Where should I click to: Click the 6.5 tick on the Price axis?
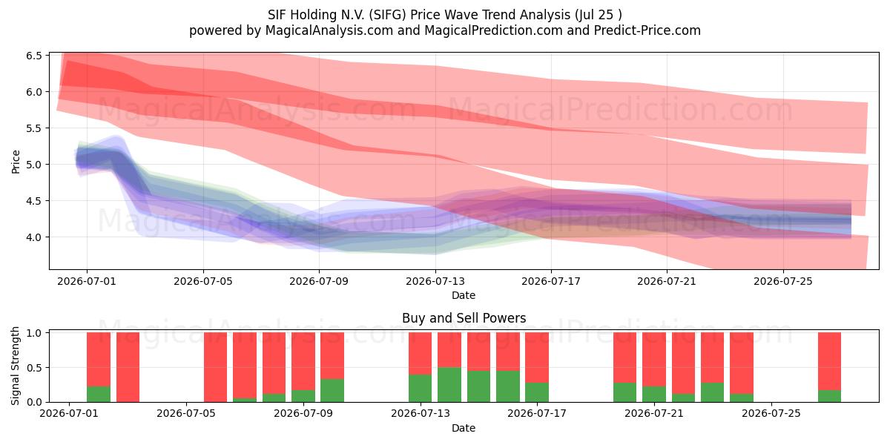[x=34, y=56]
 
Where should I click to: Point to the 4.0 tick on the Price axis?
[x=34, y=237]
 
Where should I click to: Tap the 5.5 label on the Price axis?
[x=34, y=128]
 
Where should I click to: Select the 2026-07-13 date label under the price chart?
[x=435, y=281]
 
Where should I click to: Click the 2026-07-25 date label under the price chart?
[x=783, y=281]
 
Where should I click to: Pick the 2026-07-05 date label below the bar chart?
[x=186, y=413]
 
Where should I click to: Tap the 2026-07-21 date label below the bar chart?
[x=654, y=413]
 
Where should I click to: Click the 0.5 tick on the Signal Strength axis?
[x=34, y=368]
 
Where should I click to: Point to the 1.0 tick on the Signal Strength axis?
[x=34, y=333]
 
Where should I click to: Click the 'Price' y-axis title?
[x=16, y=162]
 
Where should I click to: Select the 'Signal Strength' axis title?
[x=15, y=366]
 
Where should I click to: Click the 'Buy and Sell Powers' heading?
[x=464, y=318]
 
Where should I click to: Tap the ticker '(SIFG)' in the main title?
[x=387, y=15]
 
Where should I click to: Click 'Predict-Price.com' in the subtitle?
[x=647, y=30]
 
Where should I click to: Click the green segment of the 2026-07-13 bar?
[x=420, y=388]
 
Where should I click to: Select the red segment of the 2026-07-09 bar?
[x=332, y=355]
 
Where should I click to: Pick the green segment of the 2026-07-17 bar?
[x=537, y=392]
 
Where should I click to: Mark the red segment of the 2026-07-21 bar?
[x=654, y=359]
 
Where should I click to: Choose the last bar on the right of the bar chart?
[x=829, y=367]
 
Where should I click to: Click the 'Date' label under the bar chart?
[x=464, y=428]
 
